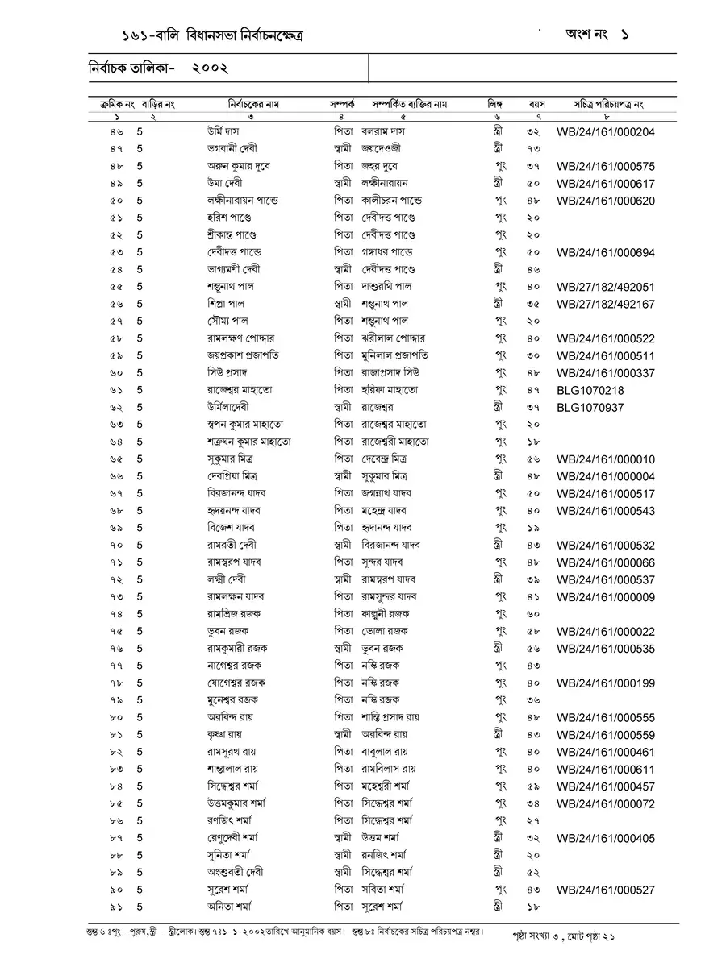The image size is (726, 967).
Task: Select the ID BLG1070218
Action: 590,391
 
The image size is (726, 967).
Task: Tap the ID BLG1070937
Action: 590,408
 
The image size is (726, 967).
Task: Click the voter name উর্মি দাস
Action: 226,131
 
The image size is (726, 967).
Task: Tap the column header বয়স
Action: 537,105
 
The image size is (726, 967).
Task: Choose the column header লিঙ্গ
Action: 494,105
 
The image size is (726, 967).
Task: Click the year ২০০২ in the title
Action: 211,69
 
